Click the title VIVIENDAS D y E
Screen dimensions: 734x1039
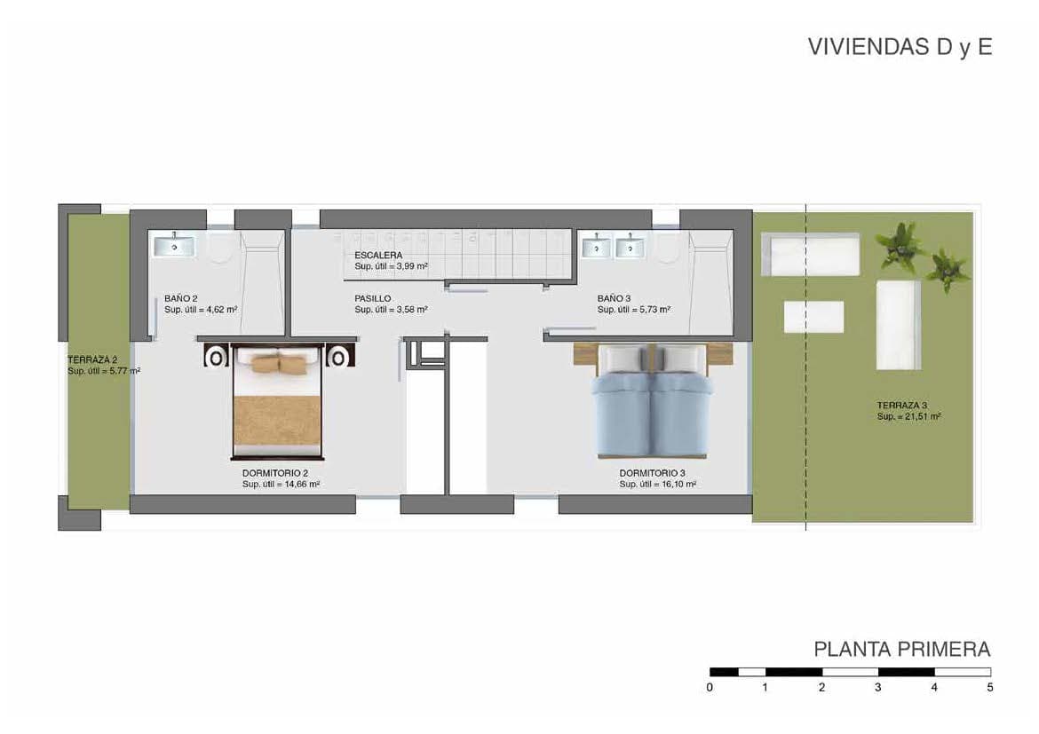point(900,48)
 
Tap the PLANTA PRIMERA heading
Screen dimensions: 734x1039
point(901,650)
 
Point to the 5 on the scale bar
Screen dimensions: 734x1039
point(990,687)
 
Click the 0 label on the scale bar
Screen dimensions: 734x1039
point(710,687)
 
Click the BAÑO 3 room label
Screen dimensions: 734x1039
point(614,299)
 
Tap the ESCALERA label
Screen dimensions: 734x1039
point(378,256)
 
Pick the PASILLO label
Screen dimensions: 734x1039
point(372,299)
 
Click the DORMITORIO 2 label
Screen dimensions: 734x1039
point(275,473)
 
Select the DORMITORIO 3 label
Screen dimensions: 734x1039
point(653,473)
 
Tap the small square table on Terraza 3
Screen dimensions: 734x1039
point(813,317)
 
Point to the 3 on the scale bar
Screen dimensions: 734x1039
point(877,687)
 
